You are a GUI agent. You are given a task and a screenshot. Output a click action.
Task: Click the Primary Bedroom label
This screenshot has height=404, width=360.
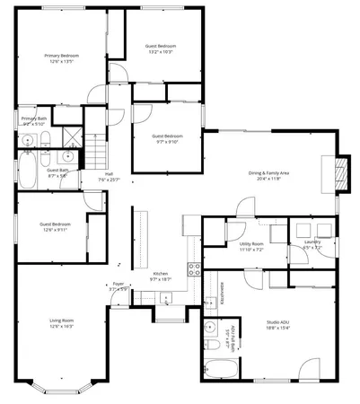tap(58, 56)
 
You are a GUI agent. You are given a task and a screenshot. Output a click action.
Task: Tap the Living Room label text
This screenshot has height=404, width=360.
tap(61, 321)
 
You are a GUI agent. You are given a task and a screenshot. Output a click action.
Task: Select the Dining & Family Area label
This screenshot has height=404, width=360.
tap(268, 172)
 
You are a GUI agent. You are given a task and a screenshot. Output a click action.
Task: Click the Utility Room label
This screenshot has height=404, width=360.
tap(251, 243)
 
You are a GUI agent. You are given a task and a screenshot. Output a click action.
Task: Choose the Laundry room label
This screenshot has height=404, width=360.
tap(312, 242)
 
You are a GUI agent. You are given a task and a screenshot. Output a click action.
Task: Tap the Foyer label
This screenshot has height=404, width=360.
tap(118, 284)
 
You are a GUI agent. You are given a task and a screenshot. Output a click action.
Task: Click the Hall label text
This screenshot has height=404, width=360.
tap(109, 173)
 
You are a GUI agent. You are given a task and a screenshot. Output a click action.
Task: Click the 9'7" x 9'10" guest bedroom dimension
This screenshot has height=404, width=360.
tap(166, 141)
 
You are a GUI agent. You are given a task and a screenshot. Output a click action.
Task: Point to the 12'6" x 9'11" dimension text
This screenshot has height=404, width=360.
tap(55, 229)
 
